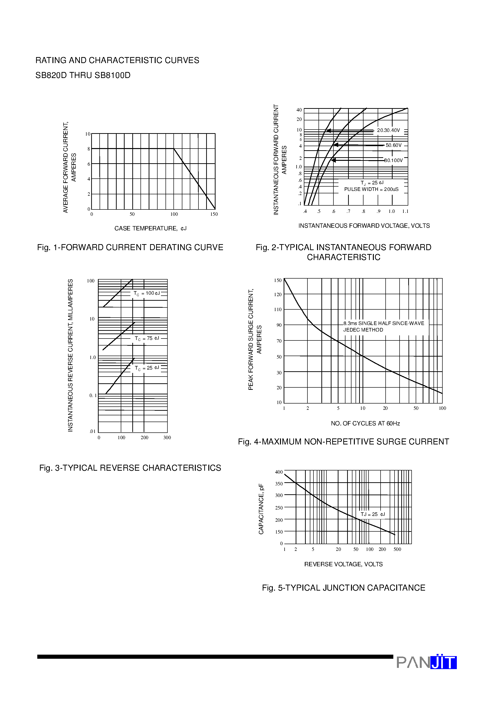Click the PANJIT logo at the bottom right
[x=426, y=662]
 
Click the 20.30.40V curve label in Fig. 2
[x=388, y=130]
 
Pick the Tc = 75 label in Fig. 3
[x=147, y=339]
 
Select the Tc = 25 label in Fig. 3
[x=147, y=368]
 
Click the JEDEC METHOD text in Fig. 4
[x=363, y=330]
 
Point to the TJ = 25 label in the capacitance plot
[x=373, y=515]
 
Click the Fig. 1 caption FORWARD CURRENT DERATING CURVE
[x=130, y=248]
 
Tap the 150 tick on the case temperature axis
[x=214, y=214]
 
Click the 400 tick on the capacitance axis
[x=279, y=472]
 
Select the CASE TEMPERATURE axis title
[x=150, y=228]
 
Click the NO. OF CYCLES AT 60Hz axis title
[x=365, y=424]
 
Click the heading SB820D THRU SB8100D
[x=83, y=75]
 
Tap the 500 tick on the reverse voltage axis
[x=397, y=549]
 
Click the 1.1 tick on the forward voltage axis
[x=405, y=211]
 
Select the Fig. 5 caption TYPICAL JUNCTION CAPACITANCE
[x=344, y=588]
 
